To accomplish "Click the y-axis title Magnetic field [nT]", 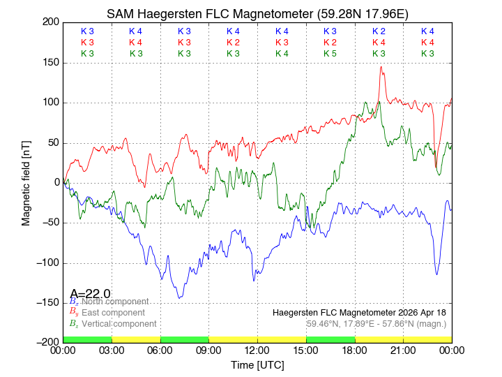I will point(26,182).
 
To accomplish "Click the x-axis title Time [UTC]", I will point(257,365).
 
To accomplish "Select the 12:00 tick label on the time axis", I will point(257,350).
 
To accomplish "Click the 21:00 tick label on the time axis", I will point(403,350).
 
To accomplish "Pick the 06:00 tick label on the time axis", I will point(160,350).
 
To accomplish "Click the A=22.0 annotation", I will point(90,294).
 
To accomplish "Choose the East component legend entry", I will point(112,312).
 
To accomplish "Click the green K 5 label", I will point(330,54).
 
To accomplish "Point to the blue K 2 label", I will point(379,31).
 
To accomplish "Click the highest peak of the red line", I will point(381,67).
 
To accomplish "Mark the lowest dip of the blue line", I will point(179,298).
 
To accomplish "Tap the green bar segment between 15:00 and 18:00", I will point(330,339).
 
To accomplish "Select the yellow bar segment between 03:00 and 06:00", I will point(136,339).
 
